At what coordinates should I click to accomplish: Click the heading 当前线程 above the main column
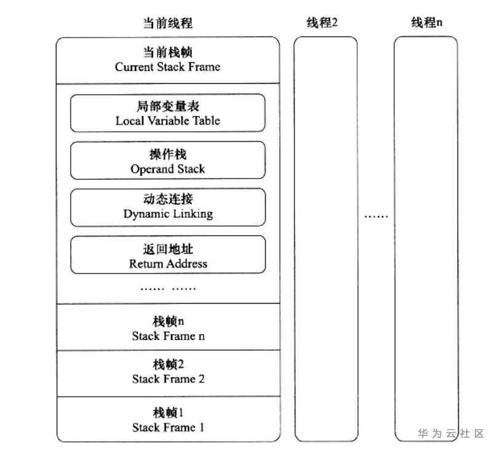167,23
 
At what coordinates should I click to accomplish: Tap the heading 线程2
322,23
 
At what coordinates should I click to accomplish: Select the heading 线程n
427,23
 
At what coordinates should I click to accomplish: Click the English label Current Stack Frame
167,67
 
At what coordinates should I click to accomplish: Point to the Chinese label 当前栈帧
167,52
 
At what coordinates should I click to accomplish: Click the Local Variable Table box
168,113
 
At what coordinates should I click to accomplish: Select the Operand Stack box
168,161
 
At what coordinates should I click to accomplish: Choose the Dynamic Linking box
168,208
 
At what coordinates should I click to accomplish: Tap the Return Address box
168,254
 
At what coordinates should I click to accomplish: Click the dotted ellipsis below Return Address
168,288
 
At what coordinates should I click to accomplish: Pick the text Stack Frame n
168,336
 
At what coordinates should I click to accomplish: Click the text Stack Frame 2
168,379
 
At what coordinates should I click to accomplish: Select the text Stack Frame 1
168,427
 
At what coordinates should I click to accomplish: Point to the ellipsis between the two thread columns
376,216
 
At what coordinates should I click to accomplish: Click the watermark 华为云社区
451,434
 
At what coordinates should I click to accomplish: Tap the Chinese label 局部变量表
168,106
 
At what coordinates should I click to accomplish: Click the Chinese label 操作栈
168,154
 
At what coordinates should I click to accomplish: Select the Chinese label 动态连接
168,199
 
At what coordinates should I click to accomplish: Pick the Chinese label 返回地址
168,249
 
